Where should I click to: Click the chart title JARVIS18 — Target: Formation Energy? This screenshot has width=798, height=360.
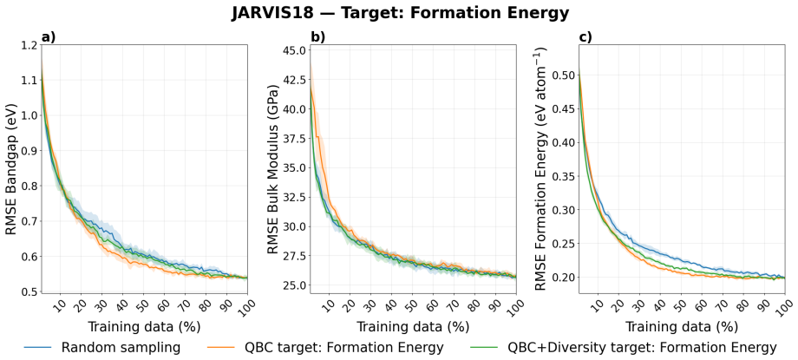400,14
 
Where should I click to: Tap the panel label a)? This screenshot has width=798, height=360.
49,37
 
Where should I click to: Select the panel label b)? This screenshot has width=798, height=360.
317,37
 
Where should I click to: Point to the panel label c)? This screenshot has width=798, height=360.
585,37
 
